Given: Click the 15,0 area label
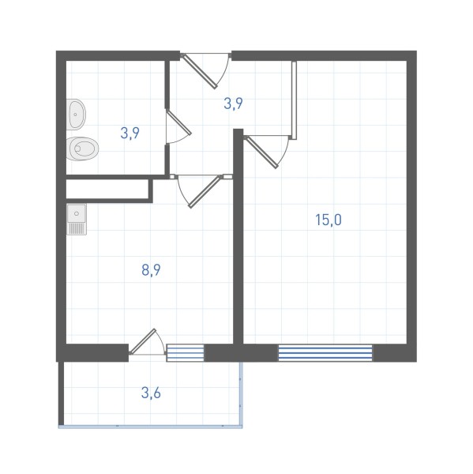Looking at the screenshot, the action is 328,220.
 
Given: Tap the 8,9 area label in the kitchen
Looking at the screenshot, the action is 151,270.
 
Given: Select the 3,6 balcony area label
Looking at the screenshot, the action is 151,393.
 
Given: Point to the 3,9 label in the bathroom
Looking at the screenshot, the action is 130,133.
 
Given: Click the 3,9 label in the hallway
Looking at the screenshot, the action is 233,103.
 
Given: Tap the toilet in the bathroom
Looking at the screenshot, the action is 82,149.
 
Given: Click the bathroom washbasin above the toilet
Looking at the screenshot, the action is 76,115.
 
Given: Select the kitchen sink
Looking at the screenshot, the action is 77,219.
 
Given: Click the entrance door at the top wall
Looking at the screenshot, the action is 205,70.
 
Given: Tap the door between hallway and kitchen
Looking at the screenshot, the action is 201,190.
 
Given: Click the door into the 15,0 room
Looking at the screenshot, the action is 266,151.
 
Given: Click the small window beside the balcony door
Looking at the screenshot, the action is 186,353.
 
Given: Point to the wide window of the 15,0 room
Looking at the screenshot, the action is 325,353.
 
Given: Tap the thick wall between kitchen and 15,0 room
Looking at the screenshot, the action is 238,236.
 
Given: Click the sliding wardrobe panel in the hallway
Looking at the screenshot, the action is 294,100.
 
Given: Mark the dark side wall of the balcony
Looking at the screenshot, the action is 61,393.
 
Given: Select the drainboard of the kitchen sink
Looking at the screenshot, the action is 77,228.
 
